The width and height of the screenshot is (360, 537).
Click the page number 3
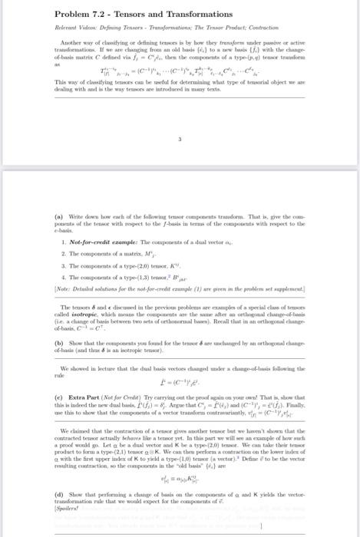click(179, 140)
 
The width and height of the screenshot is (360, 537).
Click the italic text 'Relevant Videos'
click(74, 28)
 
